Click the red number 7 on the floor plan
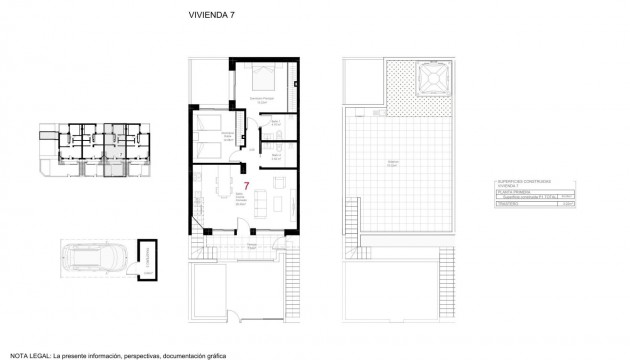click(x=246, y=184)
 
